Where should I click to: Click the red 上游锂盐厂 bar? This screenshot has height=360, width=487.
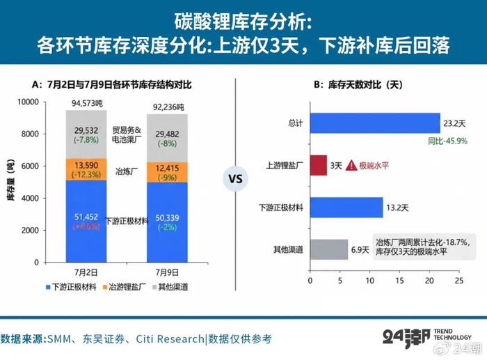pos(319,165)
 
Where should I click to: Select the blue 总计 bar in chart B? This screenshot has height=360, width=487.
pos(375,123)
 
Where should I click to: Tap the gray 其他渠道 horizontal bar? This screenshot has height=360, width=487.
pos(329,249)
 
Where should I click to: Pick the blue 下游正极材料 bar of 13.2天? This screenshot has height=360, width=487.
pos(346,208)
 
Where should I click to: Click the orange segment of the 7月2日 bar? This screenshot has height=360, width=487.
pos(86,169)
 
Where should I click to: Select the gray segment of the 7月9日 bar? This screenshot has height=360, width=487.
pos(167,138)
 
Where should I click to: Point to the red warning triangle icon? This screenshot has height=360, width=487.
pos(351,165)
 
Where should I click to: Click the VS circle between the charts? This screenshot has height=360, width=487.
pos(235,179)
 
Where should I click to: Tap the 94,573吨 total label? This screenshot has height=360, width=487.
pos(87,103)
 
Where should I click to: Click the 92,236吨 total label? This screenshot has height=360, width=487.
pos(168,107)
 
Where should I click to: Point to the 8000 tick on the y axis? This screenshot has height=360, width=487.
pos(30,134)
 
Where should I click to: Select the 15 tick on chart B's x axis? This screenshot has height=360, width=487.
pos(399,281)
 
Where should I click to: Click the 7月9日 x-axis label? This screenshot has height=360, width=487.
pos(167,273)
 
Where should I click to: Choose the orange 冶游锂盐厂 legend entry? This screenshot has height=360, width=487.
pos(125,287)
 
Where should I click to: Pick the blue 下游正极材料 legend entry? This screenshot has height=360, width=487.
pos(71,287)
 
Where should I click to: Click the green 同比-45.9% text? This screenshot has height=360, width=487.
pos(447,141)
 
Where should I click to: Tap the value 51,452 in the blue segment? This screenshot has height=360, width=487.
pos(86,217)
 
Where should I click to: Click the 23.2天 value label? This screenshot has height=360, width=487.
pos(454,124)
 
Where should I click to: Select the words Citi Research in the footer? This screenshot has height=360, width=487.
pos(170,339)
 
